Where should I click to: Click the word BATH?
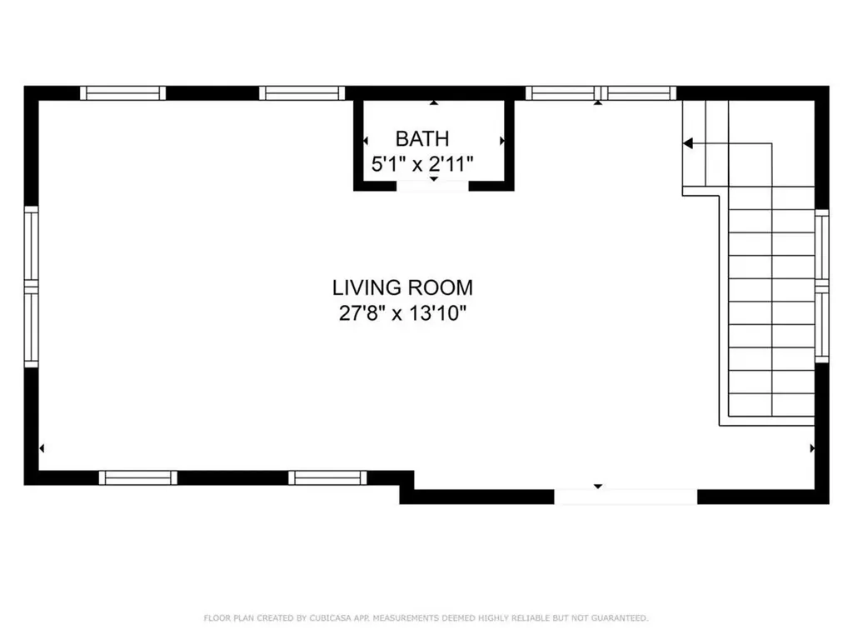point(422,138)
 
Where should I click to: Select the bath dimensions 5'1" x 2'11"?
point(422,163)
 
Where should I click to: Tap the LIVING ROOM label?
point(402,288)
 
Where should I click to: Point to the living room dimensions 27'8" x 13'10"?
point(402,313)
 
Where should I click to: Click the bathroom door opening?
point(432,186)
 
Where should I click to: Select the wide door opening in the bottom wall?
point(626,497)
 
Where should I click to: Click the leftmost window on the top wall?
point(122,92)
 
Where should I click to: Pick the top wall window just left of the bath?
point(302,92)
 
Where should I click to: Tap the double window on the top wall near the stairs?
point(601,92)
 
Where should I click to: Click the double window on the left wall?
point(31,287)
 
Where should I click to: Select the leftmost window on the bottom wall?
point(138,477)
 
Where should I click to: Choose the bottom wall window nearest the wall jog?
point(327,477)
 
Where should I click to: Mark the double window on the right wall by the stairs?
point(822,287)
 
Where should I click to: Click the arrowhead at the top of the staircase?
point(688,143)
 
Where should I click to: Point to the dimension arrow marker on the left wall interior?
point(42,448)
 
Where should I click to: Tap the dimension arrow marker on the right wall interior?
point(812,448)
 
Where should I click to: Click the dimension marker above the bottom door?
point(597,485)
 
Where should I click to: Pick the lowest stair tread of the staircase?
point(771,405)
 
